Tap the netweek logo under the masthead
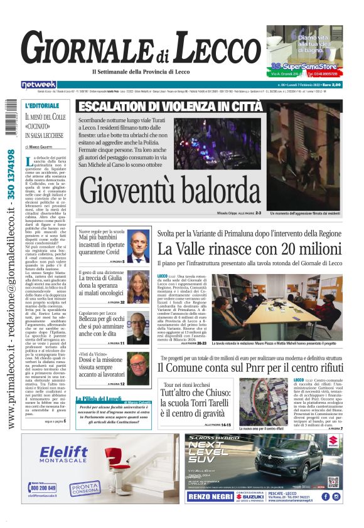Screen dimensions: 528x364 (40, 85)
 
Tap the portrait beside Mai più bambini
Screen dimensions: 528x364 (139, 246)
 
